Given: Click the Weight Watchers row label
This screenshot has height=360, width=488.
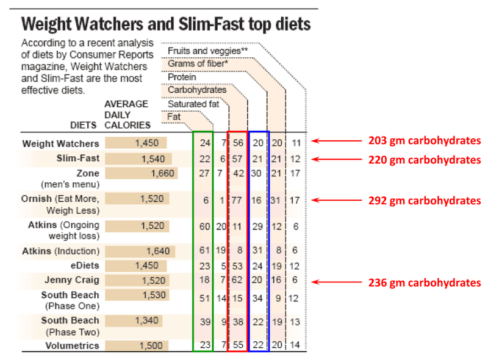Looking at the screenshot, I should [x=60, y=144].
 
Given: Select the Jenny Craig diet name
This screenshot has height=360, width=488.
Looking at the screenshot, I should [x=71, y=281].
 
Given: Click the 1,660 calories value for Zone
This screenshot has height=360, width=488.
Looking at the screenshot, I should [x=162, y=173].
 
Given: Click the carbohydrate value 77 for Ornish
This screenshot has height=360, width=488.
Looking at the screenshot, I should [x=237, y=200].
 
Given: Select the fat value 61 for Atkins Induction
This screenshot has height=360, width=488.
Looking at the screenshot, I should [x=203, y=251].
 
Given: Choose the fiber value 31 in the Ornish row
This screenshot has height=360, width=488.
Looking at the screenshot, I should [x=277, y=200].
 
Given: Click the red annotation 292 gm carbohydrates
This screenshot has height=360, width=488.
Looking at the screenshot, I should [x=425, y=200].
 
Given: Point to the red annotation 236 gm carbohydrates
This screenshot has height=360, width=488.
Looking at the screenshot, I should [x=425, y=283].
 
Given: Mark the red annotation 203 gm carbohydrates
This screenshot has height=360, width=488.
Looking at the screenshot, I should [x=425, y=141].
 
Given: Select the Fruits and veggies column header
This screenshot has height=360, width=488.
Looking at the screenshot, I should [x=207, y=51].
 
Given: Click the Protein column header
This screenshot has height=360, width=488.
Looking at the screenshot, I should [x=182, y=77].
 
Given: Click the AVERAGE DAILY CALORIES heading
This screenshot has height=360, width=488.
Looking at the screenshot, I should [x=127, y=115].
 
